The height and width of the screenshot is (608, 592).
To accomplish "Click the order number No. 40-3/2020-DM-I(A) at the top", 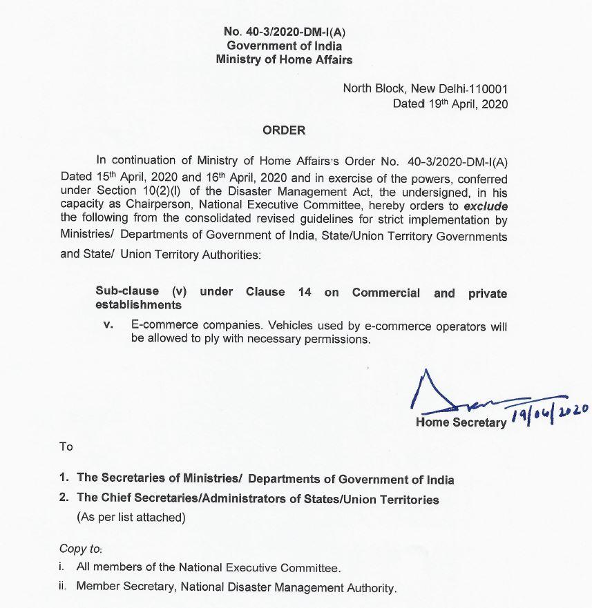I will [284, 32].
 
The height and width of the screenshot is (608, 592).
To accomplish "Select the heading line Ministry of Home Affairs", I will [284, 59].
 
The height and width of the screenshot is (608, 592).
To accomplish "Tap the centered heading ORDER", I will [284, 130].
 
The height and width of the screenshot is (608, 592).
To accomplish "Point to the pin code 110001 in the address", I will [487, 89].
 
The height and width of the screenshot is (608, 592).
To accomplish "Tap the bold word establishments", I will [138, 304].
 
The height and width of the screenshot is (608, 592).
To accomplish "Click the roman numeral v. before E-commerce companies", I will [107, 326].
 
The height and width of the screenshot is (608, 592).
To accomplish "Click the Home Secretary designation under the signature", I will [460, 422].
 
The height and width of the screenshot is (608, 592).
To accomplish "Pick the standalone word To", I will [66, 447].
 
